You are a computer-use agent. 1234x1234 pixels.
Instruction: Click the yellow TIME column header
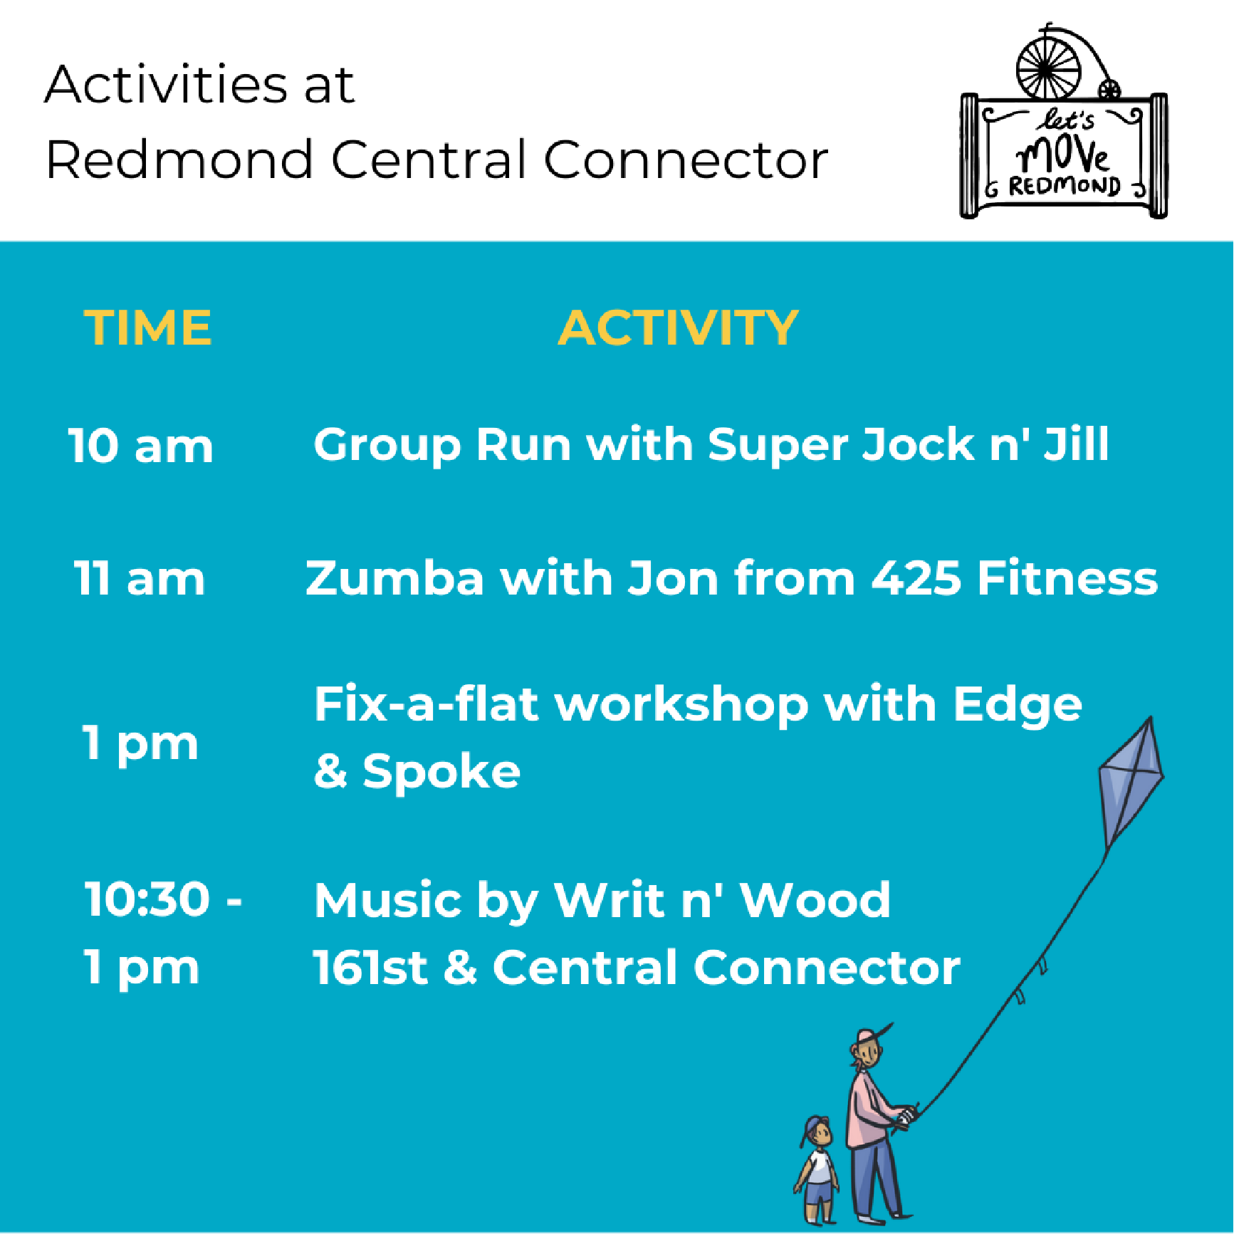pyautogui.click(x=148, y=328)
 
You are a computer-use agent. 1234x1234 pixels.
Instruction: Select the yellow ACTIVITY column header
pyautogui.click(x=678, y=328)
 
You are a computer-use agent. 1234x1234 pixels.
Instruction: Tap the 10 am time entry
pyautogui.click(x=140, y=446)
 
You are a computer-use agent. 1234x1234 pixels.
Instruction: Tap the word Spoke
pyautogui.click(x=441, y=771)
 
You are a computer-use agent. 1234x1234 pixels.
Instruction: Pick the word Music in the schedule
pyautogui.click(x=387, y=900)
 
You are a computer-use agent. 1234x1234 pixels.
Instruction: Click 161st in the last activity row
pyautogui.click(x=370, y=968)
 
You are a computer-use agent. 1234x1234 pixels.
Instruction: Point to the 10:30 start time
pyautogui.click(x=147, y=899)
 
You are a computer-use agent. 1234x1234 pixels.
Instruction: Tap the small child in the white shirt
pyautogui.click(x=817, y=1168)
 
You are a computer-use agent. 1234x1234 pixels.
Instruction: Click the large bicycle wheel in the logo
pyautogui.click(x=1047, y=68)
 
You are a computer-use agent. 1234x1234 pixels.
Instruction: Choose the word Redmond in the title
pyautogui.click(x=179, y=160)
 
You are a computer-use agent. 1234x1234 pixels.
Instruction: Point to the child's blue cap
pyautogui.click(x=812, y=1128)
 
